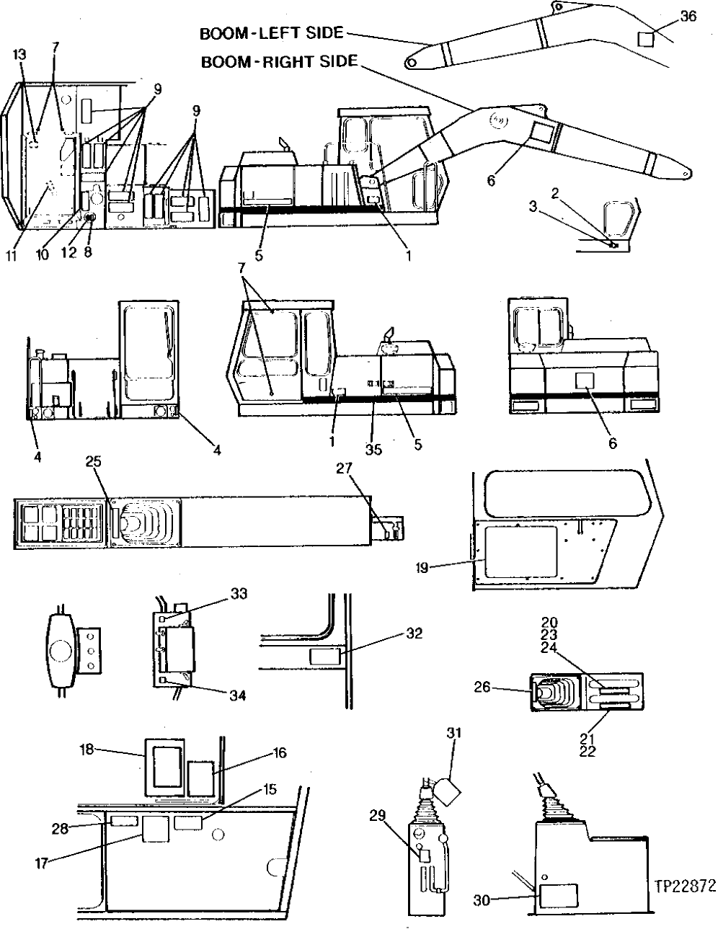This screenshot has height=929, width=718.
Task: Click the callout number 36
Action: tap(688, 16)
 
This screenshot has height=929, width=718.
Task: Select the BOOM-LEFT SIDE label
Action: tap(272, 33)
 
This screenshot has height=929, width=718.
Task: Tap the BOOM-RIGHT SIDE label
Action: tap(279, 61)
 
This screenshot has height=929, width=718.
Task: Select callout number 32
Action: tap(414, 634)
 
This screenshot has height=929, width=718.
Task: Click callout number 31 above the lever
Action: tap(452, 733)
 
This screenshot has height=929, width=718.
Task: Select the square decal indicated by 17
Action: tap(154, 829)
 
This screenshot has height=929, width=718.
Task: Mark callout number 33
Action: tap(239, 593)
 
